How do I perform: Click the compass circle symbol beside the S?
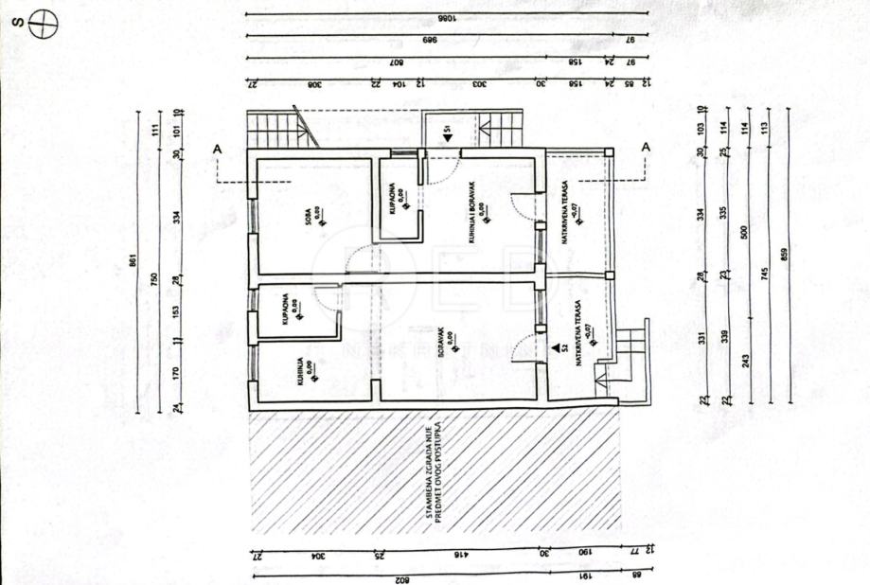click(42, 26)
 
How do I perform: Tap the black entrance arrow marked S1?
click(447, 137)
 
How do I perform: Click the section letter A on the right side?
click(645, 147)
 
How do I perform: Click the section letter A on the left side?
click(218, 148)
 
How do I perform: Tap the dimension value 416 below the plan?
click(460, 555)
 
